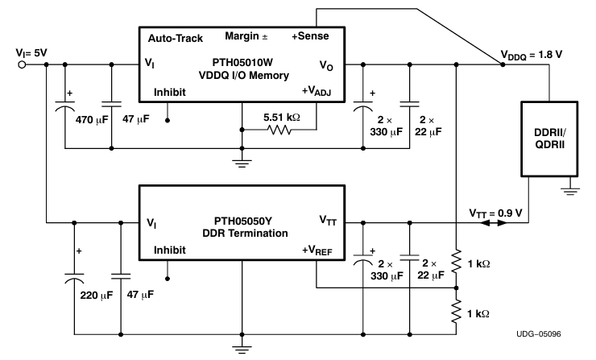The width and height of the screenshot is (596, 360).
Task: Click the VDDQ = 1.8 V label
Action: click(545, 58)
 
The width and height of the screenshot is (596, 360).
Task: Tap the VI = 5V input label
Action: click(30, 53)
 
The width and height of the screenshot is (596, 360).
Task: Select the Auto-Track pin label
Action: click(175, 38)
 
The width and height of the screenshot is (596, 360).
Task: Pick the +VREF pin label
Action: click(321, 250)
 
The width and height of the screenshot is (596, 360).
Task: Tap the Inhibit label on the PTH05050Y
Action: click(171, 250)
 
